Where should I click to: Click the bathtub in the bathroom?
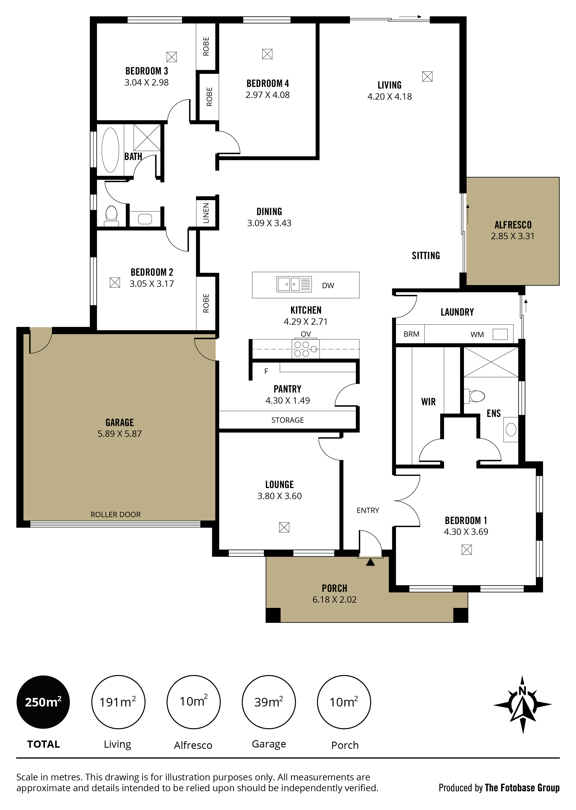point(110,150)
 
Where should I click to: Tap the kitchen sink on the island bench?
point(294,284)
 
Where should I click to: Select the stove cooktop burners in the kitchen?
point(305,349)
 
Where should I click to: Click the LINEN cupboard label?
point(206,213)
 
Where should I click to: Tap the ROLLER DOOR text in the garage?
point(116,514)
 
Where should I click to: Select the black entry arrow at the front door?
point(370,562)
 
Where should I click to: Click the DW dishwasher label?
point(328,286)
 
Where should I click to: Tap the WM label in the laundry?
point(477,335)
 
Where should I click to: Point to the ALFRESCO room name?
point(513,225)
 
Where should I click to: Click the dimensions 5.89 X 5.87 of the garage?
point(120,434)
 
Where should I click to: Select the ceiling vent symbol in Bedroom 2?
point(115,282)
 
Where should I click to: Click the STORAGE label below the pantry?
point(288,420)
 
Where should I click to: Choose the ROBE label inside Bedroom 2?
point(206,303)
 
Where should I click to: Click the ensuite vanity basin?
point(511,430)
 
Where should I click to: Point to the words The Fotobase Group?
point(522,788)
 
